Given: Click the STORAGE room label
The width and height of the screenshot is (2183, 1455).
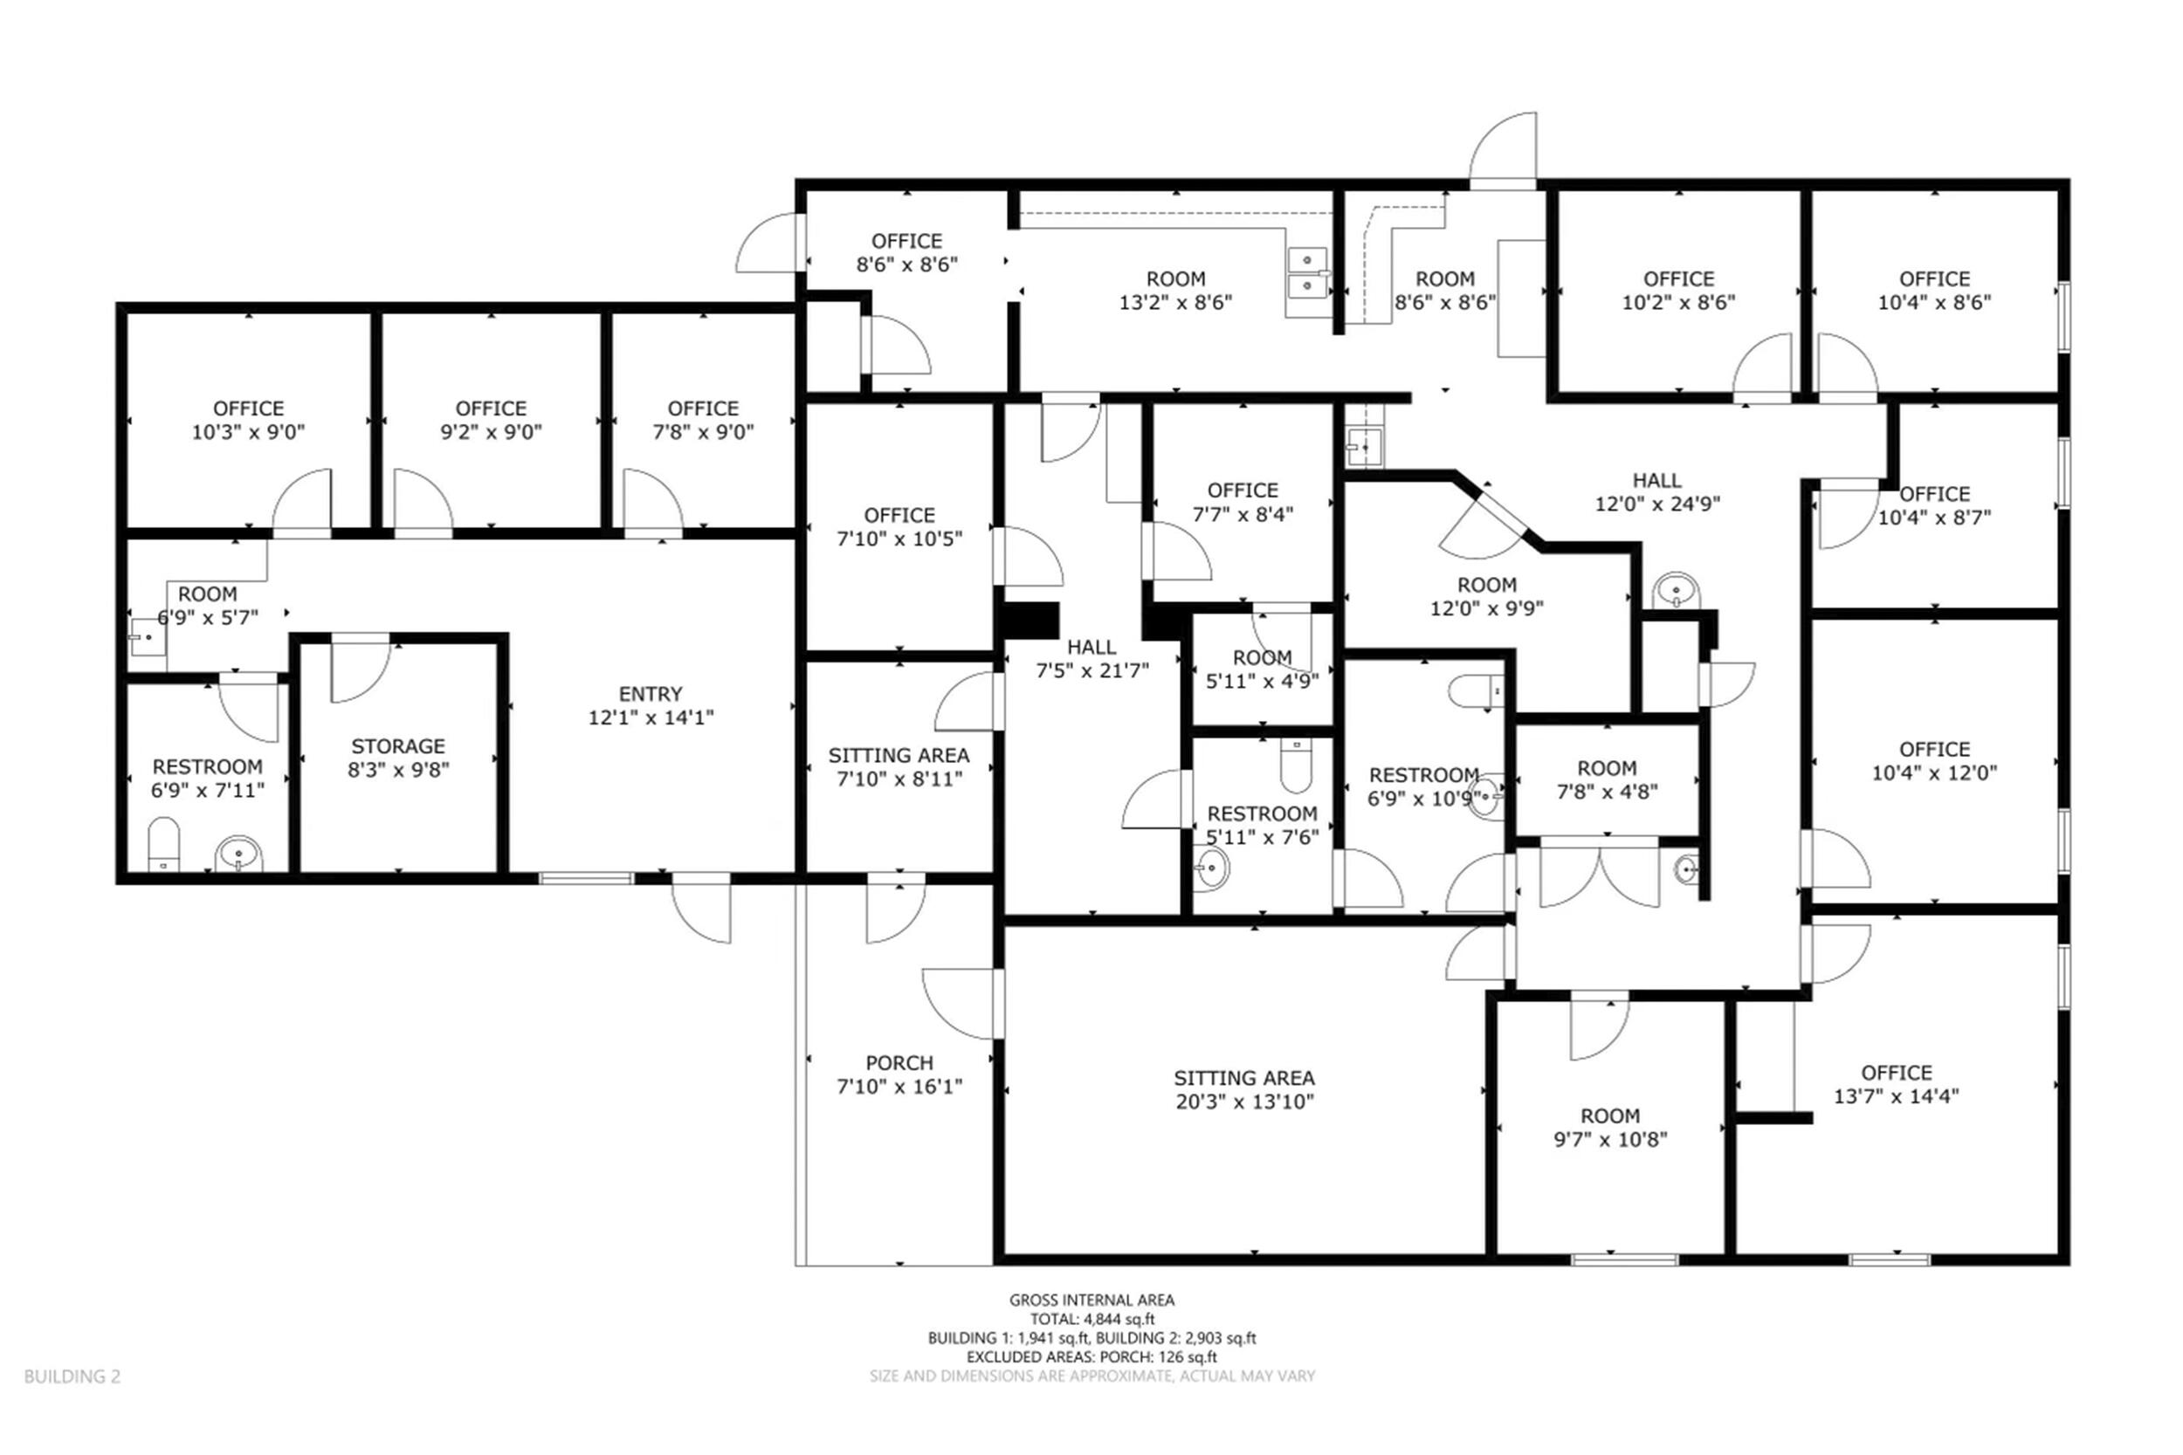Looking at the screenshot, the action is pos(398,746).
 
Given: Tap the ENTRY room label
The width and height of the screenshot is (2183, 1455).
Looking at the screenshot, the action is pos(651,694).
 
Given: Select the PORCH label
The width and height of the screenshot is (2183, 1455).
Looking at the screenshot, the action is pos(899,1063).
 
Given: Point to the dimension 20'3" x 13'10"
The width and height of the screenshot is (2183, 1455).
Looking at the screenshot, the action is pos(1243,1102).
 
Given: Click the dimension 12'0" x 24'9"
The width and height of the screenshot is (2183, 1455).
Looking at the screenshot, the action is pos(1656,504).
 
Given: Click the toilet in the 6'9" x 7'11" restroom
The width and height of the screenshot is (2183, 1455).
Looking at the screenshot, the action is pos(163,844).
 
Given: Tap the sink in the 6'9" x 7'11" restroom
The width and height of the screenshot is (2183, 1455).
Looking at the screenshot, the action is pos(238,854).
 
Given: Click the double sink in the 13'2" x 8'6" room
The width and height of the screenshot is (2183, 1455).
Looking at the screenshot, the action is pos(1308,270).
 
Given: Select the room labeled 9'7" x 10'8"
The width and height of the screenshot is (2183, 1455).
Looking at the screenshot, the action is pos(1610,1128).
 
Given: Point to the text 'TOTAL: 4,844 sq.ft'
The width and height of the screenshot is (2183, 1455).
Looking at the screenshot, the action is pos(1091,1319).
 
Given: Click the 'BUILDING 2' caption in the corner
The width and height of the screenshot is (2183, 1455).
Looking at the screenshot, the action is pos(72,1376).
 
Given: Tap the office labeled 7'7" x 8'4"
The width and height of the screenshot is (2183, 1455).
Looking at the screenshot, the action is pos(1243,502).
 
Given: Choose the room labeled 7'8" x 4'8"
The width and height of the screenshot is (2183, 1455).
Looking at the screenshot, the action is pos(1607,780).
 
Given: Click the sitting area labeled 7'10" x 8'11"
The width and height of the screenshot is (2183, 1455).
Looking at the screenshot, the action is pos(899,767).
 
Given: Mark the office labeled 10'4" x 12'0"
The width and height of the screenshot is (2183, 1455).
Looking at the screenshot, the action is pos(1934,761).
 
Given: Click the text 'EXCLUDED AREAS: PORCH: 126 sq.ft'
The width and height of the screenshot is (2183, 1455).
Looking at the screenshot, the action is pos(1091,1356).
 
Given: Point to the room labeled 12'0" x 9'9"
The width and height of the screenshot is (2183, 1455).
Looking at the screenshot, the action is pos(1487,597).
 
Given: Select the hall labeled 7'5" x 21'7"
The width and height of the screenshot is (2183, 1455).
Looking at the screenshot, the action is pos(1091,659).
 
